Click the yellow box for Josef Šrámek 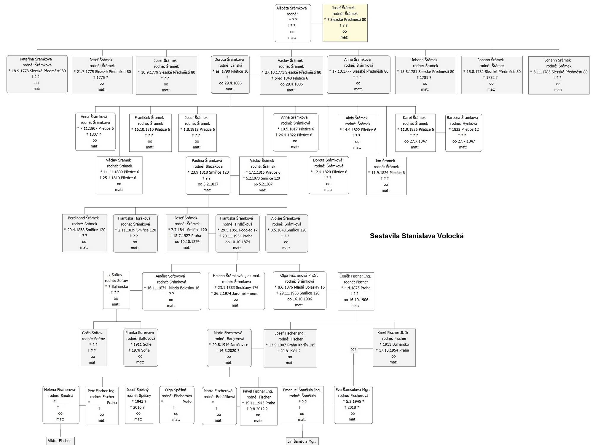click(x=345, y=23)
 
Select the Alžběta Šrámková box click(x=293, y=23)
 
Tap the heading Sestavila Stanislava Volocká click(x=417, y=236)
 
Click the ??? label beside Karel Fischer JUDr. click(x=353, y=350)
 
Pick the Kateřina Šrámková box click(x=37, y=74)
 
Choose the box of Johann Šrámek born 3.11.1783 click(x=559, y=75)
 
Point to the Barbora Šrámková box click(x=463, y=133)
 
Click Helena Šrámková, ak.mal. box click(x=236, y=291)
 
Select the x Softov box click(x=117, y=290)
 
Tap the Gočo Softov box click(x=93, y=348)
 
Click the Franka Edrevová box click(x=141, y=348)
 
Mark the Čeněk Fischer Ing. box click(x=356, y=291)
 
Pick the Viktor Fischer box click(x=60, y=441)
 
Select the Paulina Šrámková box click(x=208, y=176)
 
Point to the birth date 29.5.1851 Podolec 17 click(x=237, y=230)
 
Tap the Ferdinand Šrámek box click(x=85, y=233)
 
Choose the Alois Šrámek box click(x=358, y=133)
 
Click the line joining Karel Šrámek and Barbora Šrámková click(x=441, y=133)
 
